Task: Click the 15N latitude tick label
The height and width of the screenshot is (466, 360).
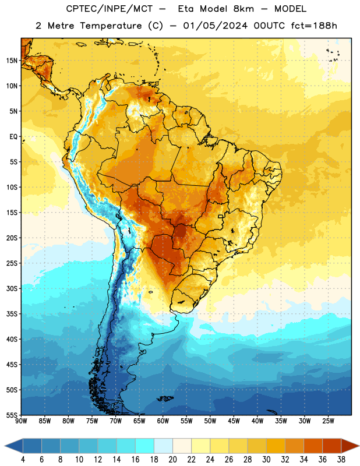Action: point(12,61)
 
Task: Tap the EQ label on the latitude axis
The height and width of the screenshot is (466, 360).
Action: point(13,137)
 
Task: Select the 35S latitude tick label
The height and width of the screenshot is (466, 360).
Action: point(12,314)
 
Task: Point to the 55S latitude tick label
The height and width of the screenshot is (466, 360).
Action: point(12,415)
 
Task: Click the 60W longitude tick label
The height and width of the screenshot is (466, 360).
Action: point(163,421)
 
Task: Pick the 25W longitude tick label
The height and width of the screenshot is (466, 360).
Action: point(328,421)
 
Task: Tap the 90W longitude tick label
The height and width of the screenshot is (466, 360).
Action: point(21,421)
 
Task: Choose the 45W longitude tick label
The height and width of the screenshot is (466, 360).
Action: point(234,421)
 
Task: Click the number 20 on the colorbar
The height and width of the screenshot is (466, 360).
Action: point(172,460)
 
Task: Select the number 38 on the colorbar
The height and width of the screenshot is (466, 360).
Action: point(341,460)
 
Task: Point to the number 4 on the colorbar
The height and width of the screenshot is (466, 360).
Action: point(23,460)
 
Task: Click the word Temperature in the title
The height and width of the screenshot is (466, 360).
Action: point(111,26)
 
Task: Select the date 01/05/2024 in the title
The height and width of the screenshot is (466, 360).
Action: point(215,26)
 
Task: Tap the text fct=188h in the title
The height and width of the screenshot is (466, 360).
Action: point(314,26)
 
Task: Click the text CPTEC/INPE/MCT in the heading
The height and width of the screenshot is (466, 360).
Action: point(109,9)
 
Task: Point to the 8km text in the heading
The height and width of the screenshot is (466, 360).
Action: point(243,9)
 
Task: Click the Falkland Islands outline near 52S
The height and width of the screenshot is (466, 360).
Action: point(165,398)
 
